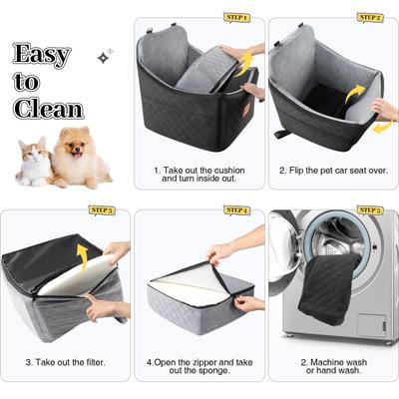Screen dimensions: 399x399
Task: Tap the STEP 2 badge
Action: [x=369, y=18]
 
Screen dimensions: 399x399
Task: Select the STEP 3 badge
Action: [x=102, y=210]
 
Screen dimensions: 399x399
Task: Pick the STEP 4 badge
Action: [x=237, y=210]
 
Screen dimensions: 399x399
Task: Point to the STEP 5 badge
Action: [x=369, y=210]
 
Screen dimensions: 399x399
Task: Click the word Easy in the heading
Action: [x=41, y=55]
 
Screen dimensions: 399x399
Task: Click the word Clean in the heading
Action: [x=49, y=108]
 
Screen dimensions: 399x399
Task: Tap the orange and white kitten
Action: [x=35, y=162]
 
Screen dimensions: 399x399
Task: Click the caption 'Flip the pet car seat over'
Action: [x=333, y=171]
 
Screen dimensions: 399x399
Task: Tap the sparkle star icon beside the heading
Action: [x=103, y=57]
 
